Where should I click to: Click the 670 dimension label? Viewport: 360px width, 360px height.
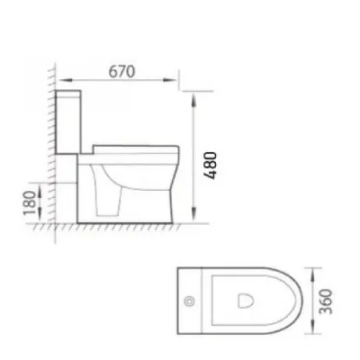coord(121,71)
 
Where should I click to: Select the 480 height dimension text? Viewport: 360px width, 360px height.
coord(210,165)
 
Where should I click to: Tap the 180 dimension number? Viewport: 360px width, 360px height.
coord(30,203)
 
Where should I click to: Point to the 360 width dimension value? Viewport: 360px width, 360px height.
coord(326,301)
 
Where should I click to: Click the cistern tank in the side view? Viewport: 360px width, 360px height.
coord(68,122)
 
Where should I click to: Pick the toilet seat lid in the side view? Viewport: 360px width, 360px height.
coord(136,149)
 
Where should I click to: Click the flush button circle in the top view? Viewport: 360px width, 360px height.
coord(189,301)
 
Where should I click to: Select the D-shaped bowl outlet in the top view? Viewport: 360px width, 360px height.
coord(245,301)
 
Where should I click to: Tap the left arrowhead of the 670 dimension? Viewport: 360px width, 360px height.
coord(65,80)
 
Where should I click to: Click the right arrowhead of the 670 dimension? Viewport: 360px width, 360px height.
coord(170,80)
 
